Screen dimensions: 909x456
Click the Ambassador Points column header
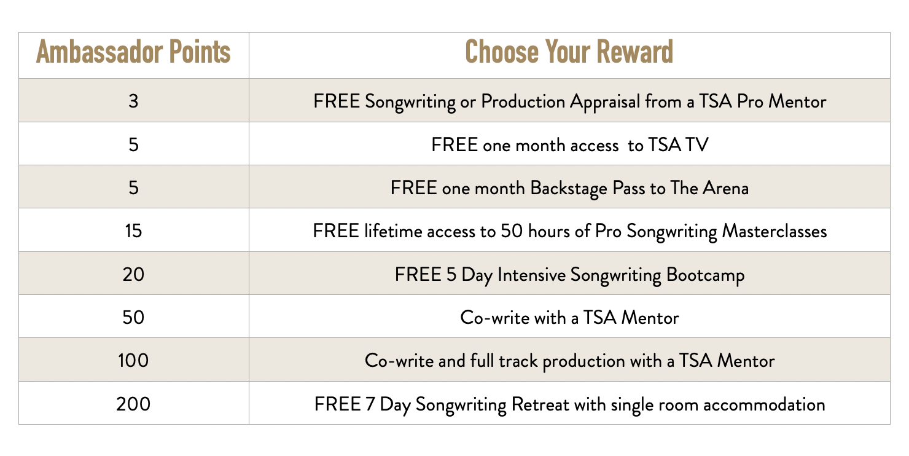pyautogui.click(x=133, y=52)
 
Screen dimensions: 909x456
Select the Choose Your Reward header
pyautogui.click(x=569, y=52)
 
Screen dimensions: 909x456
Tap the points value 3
pyautogui.click(x=133, y=101)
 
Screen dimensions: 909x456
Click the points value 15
pyautogui.click(x=133, y=231)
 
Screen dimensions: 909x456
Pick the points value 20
pyautogui.click(x=133, y=275)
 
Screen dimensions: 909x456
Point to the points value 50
pyautogui.click(x=133, y=318)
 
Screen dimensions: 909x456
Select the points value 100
pyautogui.click(x=133, y=361)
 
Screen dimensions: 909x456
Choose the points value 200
pyautogui.click(x=133, y=404)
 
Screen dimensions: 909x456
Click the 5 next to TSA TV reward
pyautogui.click(x=133, y=145)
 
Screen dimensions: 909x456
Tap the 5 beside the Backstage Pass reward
pyautogui.click(x=133, y=188)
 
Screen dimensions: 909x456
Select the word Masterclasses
pyautogui.click(x=774, y=232)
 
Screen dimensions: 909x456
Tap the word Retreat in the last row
pyautogui.click(x=540, y=404)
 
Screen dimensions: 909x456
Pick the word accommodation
pyautogui.click(x=764, y=405)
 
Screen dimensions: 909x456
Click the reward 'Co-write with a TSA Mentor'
pyautogui.click(x=569, y=318)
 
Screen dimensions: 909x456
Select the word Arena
pyautogui.click(x=725, y=189)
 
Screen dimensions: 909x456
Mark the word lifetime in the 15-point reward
pyautogui.click(x=393, y=232)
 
